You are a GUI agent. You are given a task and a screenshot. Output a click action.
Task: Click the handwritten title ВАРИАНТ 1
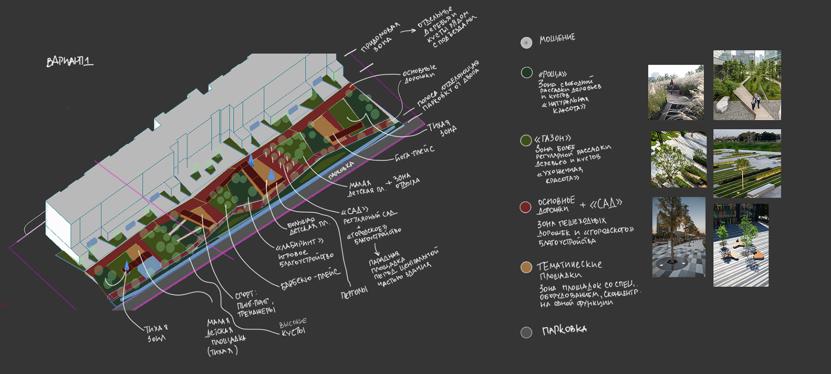[x=69, y=61]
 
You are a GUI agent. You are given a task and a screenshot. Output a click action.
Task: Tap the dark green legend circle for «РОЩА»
[x=526, y=72]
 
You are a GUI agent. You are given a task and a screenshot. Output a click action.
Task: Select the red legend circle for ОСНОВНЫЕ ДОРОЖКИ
[x=525, y=207]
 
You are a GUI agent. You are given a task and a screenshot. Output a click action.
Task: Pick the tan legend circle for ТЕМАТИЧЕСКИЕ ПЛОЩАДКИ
[x=526, y=267]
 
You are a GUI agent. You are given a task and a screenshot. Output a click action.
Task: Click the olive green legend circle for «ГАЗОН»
[x=526, y=140]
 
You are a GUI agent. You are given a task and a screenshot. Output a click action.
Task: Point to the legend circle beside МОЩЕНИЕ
[x=526, y=42]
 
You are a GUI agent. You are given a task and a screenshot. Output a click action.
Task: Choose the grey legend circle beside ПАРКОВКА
[x=526, y=332]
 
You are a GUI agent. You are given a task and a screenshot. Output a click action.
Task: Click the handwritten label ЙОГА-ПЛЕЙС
[x=414, y=153]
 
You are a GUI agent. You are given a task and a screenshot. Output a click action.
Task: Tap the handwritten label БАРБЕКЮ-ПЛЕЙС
[x=310, y=279]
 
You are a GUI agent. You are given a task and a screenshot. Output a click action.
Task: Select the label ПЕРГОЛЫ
[x=354, y=293]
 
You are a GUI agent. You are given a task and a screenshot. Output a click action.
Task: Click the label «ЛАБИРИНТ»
[x=300, y=245]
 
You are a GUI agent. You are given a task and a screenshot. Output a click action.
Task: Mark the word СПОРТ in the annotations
[x=246, y=295]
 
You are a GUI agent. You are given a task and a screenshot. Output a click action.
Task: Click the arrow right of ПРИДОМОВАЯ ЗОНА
[x=408, y=31]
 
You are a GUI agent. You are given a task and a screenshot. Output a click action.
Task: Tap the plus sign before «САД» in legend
[x=583, y=205]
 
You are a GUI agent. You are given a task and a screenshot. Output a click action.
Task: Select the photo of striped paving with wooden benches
[x=741, y=245]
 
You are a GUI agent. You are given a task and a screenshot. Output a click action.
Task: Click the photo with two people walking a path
[x=747, y=85]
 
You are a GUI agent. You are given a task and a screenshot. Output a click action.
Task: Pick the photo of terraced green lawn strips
[x=747, y=164]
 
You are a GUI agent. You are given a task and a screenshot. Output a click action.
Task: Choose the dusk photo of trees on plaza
[x=678, y=237]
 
